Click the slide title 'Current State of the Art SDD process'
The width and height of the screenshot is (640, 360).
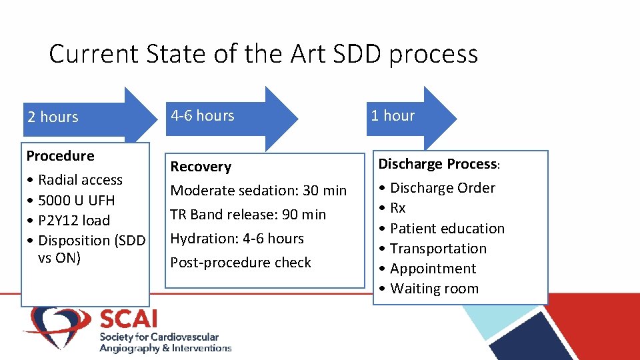coord(263,54)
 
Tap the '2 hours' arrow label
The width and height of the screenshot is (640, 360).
coord(53,117)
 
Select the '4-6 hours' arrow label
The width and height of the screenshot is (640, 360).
coord(203,116)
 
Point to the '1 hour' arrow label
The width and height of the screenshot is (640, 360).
coord(393,116)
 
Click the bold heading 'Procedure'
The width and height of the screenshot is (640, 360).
coord(60,156)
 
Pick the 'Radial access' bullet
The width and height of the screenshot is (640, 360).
coord(80,180)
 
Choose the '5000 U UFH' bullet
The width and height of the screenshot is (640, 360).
coord(76,200)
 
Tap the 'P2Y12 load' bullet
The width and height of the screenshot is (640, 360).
coord(74,220)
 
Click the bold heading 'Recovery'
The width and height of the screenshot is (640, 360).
coord(201,167)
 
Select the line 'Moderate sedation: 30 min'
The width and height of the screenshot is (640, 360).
coord(259,191)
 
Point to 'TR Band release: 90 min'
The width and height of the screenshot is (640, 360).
coord(248,215)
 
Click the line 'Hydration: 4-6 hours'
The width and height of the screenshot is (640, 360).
coord(237,239)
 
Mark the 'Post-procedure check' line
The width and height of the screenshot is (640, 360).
coord(241,263)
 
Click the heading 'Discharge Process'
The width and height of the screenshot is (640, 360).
coord(438,164)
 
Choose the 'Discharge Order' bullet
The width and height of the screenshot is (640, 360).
coord(442,188)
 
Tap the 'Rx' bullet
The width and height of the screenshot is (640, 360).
coord(397,208)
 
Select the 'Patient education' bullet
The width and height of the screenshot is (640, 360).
coord(447,228)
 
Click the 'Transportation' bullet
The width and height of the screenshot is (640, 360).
coord(438,249)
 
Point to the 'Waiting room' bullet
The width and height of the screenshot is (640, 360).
coord(434,289)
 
